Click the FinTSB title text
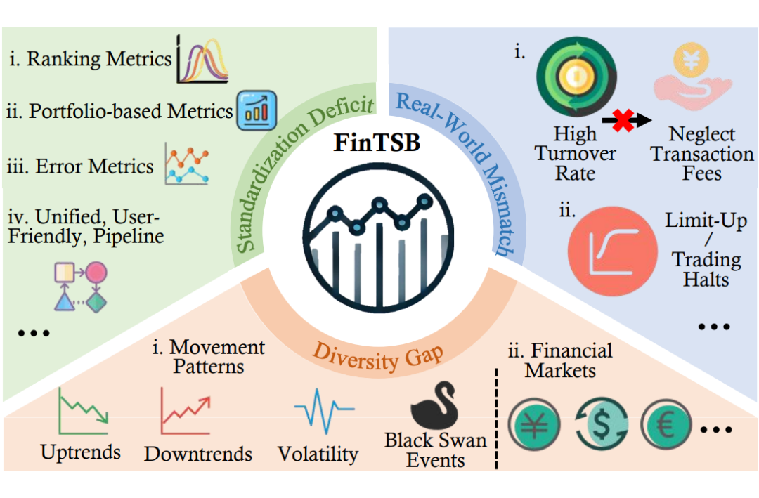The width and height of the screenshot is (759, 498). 377,143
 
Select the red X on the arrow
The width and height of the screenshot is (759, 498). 623,121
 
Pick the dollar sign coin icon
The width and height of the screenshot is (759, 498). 602,425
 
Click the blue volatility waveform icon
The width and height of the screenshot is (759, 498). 324,411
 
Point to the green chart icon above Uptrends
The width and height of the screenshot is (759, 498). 83,411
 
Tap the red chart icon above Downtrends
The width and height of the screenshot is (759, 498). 186,411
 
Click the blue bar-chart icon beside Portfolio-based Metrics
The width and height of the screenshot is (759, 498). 257,110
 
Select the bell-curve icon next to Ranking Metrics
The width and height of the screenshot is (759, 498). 202,59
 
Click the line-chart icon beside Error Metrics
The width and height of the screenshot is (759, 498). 186,164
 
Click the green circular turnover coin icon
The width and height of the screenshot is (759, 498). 576,77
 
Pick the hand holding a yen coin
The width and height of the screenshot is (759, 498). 692,76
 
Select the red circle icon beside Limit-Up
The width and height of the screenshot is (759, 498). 612,251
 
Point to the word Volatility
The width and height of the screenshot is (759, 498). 318,454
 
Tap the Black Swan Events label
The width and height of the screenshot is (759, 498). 435,450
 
